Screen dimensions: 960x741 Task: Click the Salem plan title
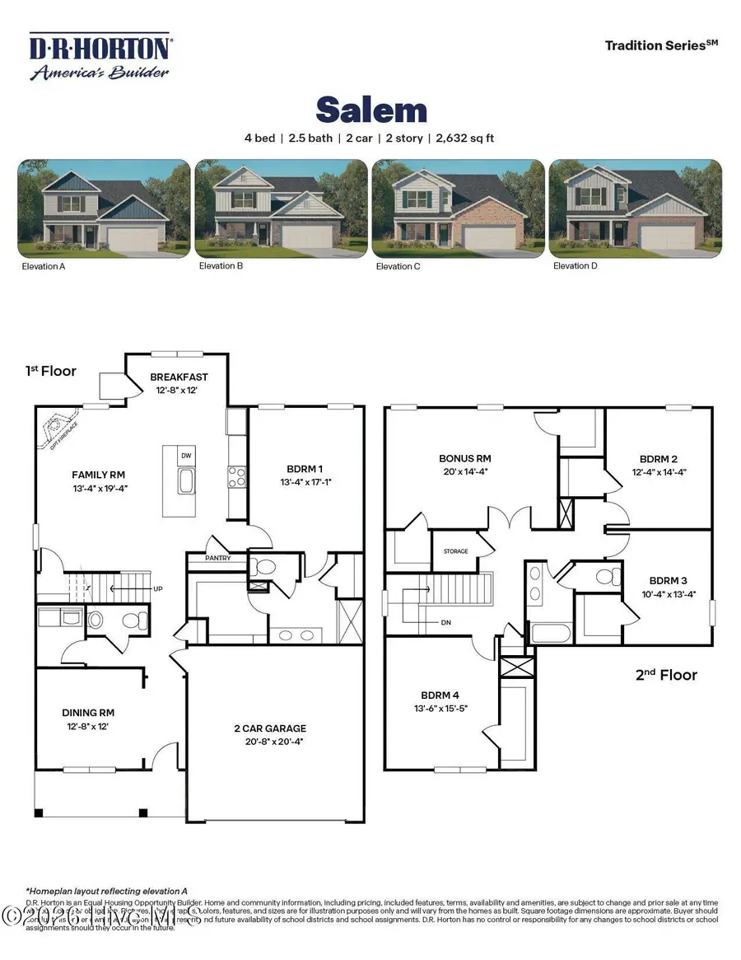coord(371,110)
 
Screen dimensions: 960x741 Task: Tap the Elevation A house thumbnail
coord(105,209)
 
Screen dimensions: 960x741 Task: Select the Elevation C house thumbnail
coord(458,209)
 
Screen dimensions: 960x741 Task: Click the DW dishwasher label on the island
coord(186,455)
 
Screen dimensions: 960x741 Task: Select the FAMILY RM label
coord(98,475)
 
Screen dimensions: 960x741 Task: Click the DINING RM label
coord(88,714)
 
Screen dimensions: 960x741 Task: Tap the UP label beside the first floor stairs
coord(158,589)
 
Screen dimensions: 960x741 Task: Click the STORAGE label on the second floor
coord(455,551)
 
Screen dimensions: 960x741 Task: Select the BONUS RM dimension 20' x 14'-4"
coord(466,472)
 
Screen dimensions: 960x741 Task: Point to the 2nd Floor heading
coord(666,675)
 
